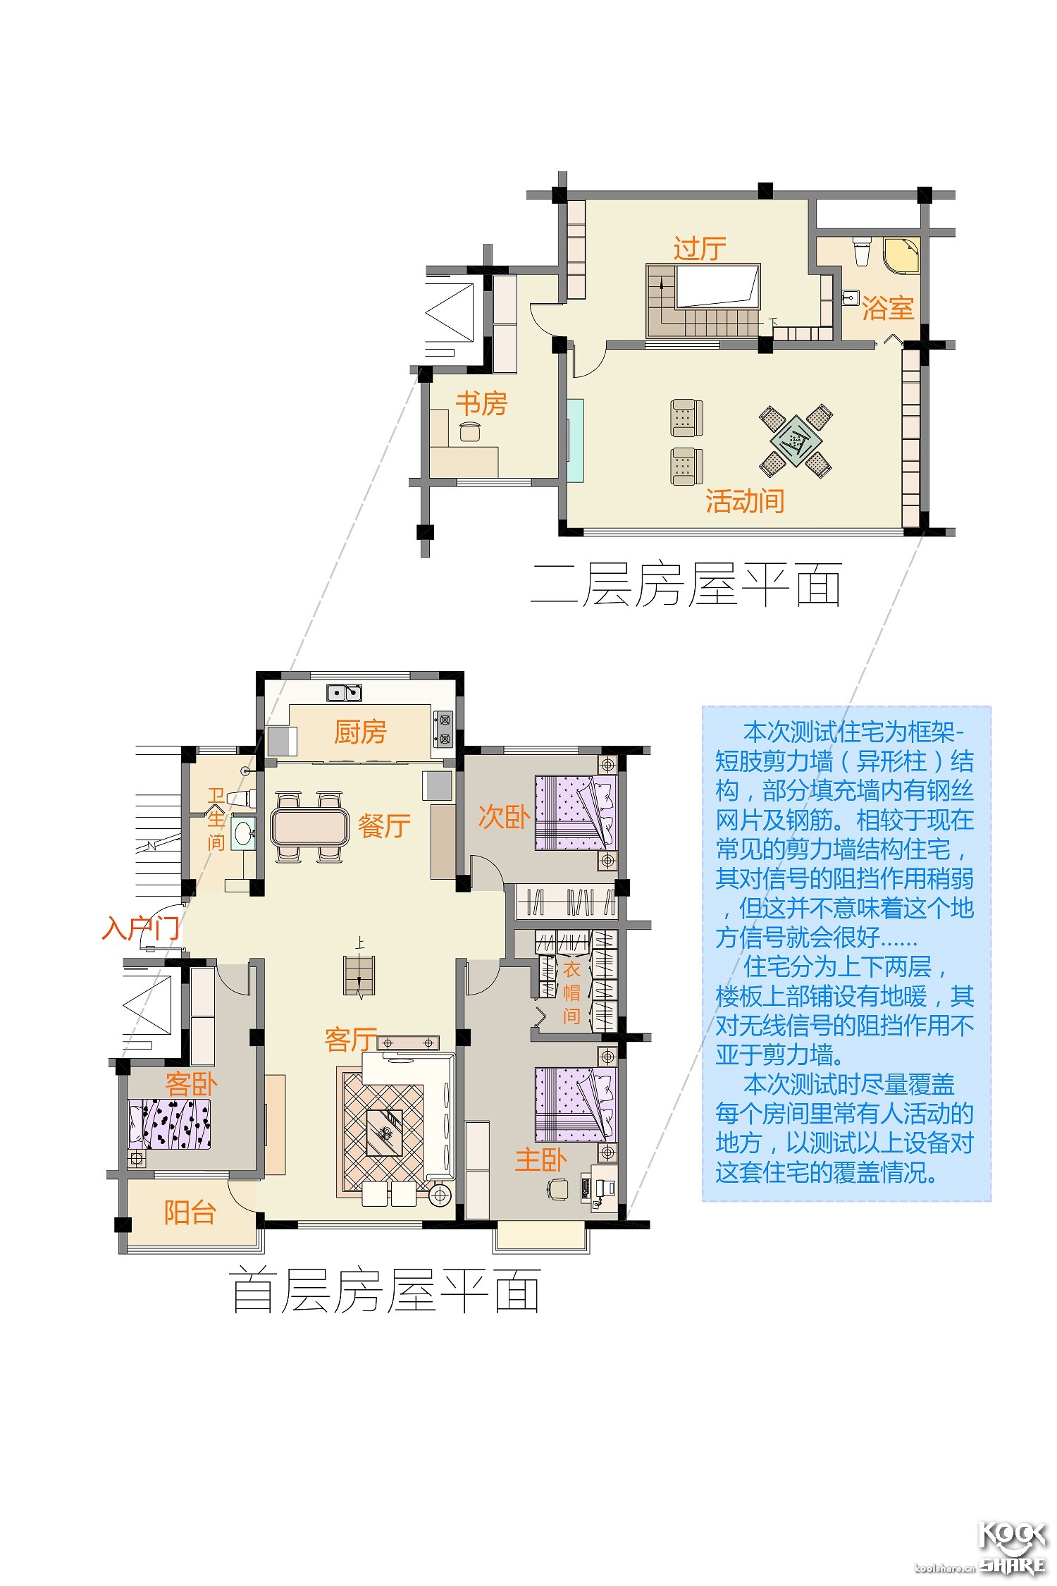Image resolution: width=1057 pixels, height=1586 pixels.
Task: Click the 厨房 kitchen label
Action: click(x=360, y=732)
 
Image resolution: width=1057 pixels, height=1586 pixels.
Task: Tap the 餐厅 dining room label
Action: click(x=384, y=825)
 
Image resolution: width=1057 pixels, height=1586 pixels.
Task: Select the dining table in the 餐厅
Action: click(x=309, y=827)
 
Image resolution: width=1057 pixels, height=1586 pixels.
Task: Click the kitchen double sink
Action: click(x=344, y=693)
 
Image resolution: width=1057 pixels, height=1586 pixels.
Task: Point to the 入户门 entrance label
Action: click(x=140, y=928)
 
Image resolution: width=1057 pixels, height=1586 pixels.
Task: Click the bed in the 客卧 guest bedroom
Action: click(x=169, y=1124)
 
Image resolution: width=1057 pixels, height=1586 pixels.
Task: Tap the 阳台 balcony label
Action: click(x=190, y=1212)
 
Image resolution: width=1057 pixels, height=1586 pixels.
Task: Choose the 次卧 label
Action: click(x=504, y=816)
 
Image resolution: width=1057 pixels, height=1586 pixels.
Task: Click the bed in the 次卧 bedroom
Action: click(x=576, y=812)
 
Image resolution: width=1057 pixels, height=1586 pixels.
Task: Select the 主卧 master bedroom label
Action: click(x=540, y=1160)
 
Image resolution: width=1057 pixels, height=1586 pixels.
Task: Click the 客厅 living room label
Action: click(x=351, y=1039)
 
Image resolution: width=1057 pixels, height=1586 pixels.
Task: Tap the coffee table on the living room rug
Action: click(x=384, y=1133)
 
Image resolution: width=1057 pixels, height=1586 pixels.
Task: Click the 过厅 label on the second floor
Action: click(x=700, y=248)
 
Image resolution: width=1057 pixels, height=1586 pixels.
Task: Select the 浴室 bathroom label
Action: click(x=888, y=308)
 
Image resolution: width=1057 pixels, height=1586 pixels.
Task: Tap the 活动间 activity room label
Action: click(x=745, y=501)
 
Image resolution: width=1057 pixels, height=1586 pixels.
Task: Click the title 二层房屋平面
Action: click(x=686, y=584)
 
